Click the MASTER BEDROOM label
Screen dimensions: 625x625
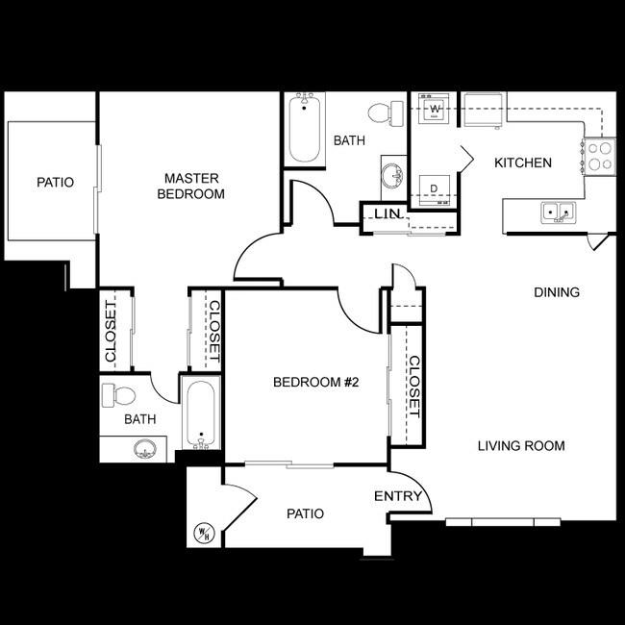pos(192,186)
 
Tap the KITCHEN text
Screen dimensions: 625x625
pos(522,162)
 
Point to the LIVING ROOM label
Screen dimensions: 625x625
pos(520,445)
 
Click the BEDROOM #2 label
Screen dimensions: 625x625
pos(315,383)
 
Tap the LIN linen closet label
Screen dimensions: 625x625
pos(387,213)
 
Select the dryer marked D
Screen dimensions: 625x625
pos(434,187)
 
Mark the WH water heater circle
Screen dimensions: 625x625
pos(205,533)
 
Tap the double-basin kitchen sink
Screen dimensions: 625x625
pos(558,212)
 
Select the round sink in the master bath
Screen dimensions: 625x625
pos(145,448)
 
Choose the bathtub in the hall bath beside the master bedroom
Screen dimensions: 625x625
pos(307,129)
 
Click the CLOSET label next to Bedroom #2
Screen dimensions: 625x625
pos(413,387)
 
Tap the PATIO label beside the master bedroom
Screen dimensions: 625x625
pos(55,182)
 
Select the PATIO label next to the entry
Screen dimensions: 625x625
pos(305,513)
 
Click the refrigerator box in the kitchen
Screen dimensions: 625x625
pos(483,109)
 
